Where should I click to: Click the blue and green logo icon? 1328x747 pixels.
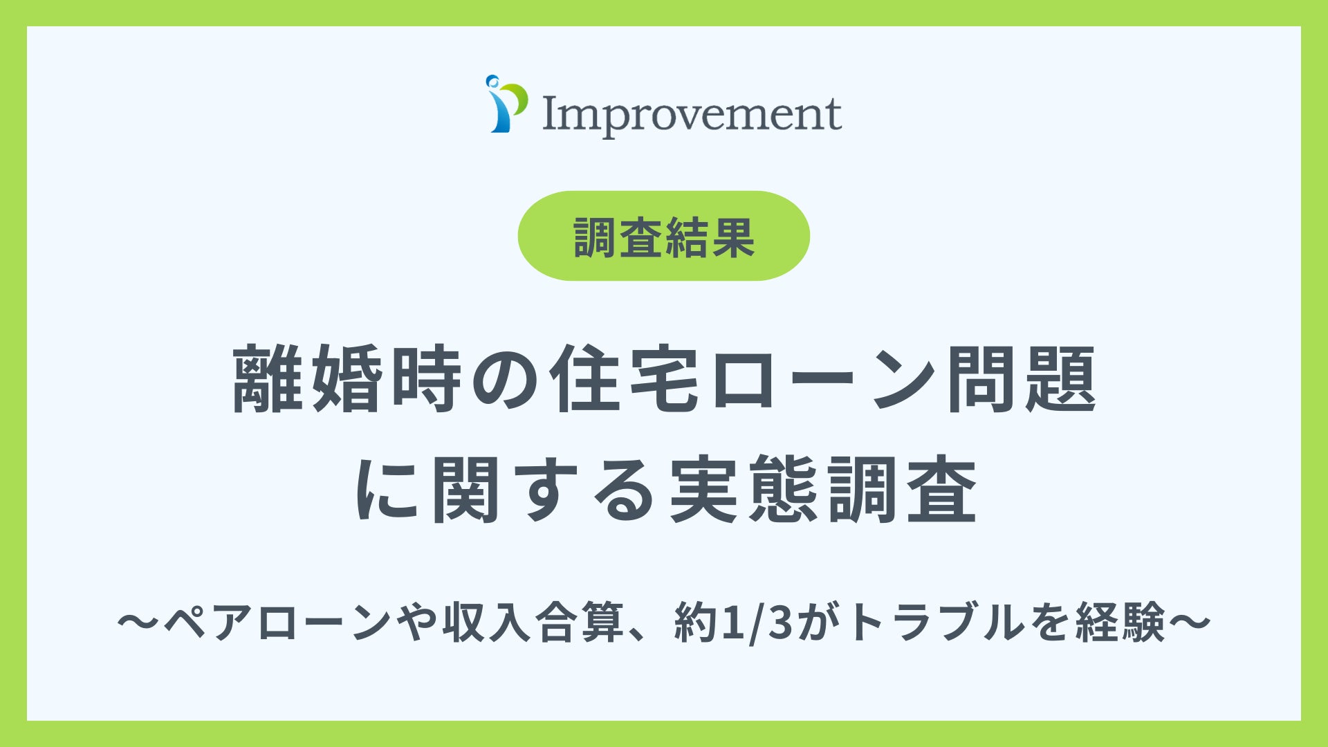pyautogui.click(x=506, y=105)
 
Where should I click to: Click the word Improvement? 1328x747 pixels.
pyautogui.click(x=692, y=114)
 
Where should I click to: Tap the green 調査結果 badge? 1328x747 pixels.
pyautogui.click(x=664, y=236)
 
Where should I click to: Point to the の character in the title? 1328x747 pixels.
pyautogui.click(x=505, y=380)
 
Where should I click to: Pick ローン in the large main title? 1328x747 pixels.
pyautogui.click(x=822, y=380)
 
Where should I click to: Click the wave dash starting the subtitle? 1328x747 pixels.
pyautogui.click(x=139, y=621)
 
